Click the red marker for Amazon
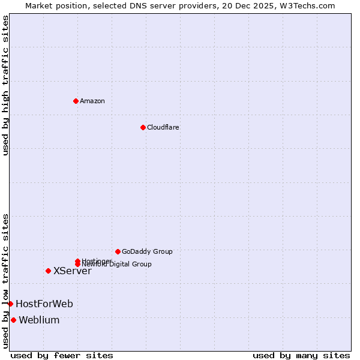[x=76, y=101]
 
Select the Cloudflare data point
[x=143, y=127]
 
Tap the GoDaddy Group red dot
[x=118, y=251]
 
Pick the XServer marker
[x=48, y=271]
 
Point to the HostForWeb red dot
[x=10, y=304]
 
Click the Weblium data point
[x=13, y=320]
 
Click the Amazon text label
[x=92, y=101]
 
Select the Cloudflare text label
[x=163, y=127]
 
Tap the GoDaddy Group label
[x=147, y=251]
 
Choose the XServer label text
[x=73, y=271]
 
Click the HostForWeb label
[x=44, y=304]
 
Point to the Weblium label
[x=40, y=320]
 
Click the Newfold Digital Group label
[x=117, y=264]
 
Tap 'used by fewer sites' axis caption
[x=62, y=355]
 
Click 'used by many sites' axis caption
[x=301, y=355]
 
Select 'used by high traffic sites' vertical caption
[x=5, y=85]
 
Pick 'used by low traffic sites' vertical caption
[x=5, y=281]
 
